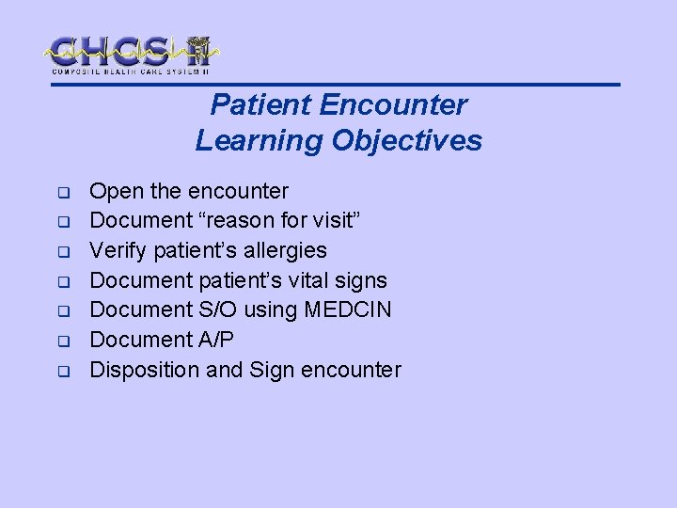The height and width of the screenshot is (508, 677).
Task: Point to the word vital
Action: coord(307,280)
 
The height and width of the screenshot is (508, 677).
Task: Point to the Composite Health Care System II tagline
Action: coord(130,71)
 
